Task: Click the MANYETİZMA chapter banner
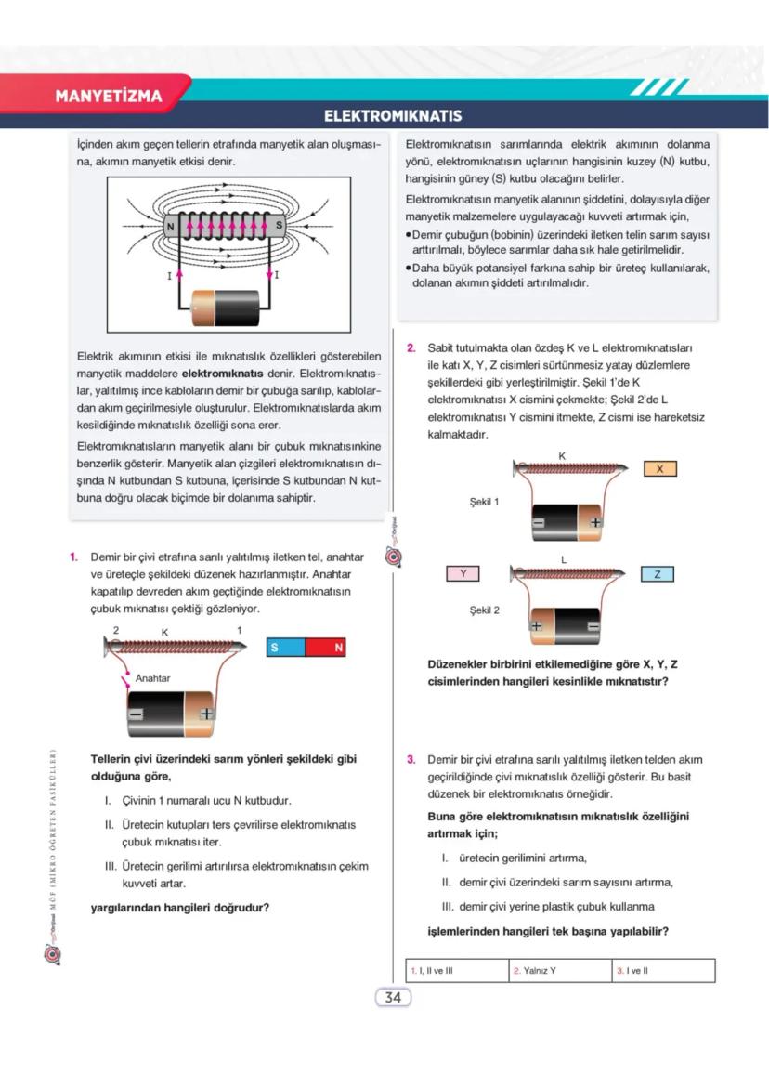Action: point(109,96)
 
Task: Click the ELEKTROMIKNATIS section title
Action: point(392,117)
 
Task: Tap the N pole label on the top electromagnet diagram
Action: point(170,226)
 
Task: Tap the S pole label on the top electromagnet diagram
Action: point(279,226)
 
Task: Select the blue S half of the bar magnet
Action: point(285,648)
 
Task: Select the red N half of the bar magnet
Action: point(325,648)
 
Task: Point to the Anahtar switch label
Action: point(152,678)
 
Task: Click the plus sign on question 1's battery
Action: point(206,714)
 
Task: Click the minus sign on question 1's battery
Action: point(137,714)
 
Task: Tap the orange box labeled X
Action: point(659,469)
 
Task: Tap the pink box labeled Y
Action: point(463,574)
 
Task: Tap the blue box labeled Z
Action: point(658,574)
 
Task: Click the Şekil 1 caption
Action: point(484,502)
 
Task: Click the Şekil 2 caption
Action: point(484,610)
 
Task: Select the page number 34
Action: point(392,998)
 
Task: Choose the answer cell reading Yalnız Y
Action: point(559,971)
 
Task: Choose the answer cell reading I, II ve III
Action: point(457,971)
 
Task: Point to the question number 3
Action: point(411,759)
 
